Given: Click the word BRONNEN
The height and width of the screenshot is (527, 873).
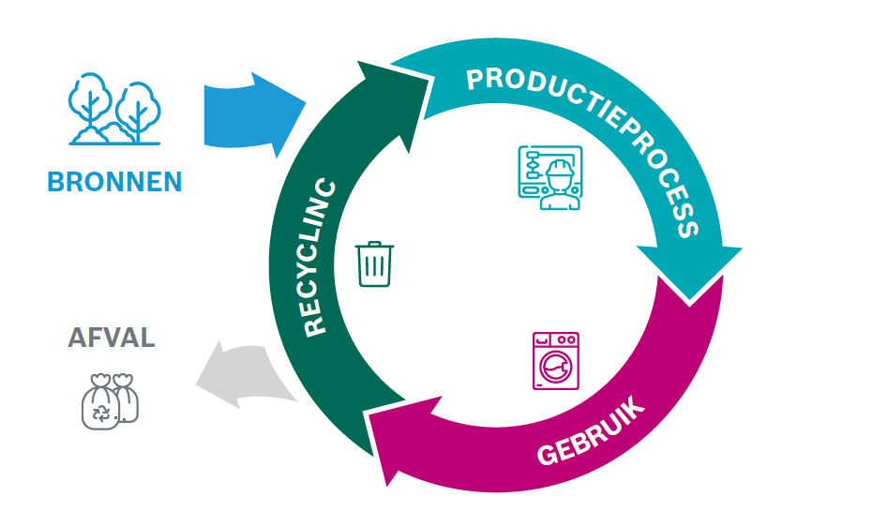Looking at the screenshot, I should [x=114, y=181].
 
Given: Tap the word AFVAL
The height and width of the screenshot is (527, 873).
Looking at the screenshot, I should [x=112, y=338].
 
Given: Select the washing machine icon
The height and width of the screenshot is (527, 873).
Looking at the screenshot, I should [x=555, y=360].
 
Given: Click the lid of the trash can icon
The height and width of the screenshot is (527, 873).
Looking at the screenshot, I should [x=374, y=247].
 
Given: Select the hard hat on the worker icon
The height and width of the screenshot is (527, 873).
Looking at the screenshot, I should [x=560, y=169].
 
